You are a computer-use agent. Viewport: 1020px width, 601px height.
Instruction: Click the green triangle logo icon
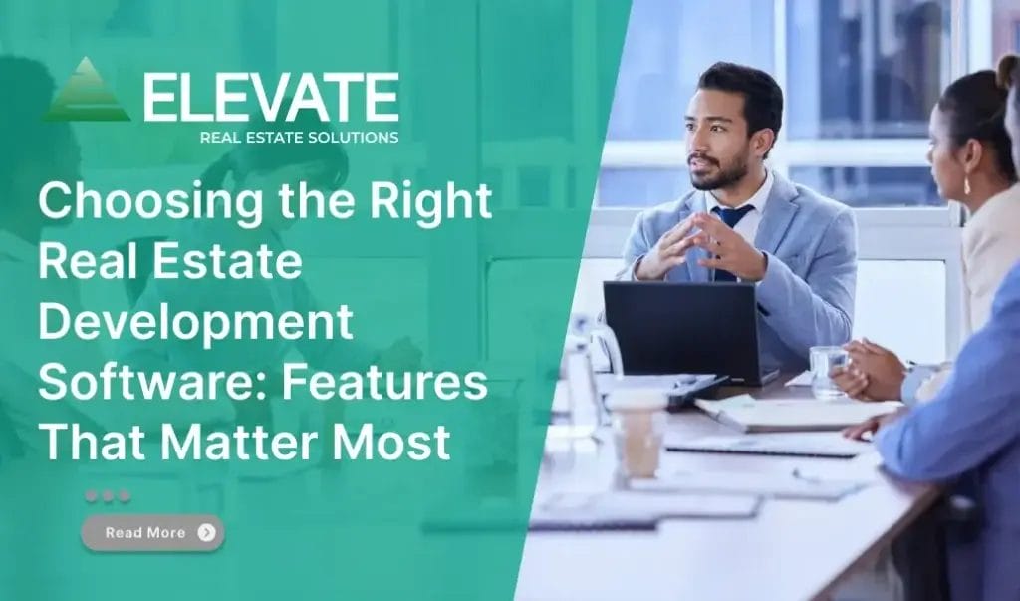[x=87, y=93]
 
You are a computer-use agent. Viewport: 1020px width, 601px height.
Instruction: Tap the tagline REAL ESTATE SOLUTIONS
[x=299, y=138]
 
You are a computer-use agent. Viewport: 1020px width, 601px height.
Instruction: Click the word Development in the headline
[x=195, y=324]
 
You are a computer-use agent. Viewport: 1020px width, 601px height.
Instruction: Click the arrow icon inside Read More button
[x=206, y=532]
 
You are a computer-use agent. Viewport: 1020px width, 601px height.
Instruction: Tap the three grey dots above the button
[x=107, y=495]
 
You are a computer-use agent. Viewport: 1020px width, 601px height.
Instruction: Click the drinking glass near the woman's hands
[x=826, y=371]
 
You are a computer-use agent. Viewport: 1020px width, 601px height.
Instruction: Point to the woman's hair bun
[x=1007, y=72]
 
